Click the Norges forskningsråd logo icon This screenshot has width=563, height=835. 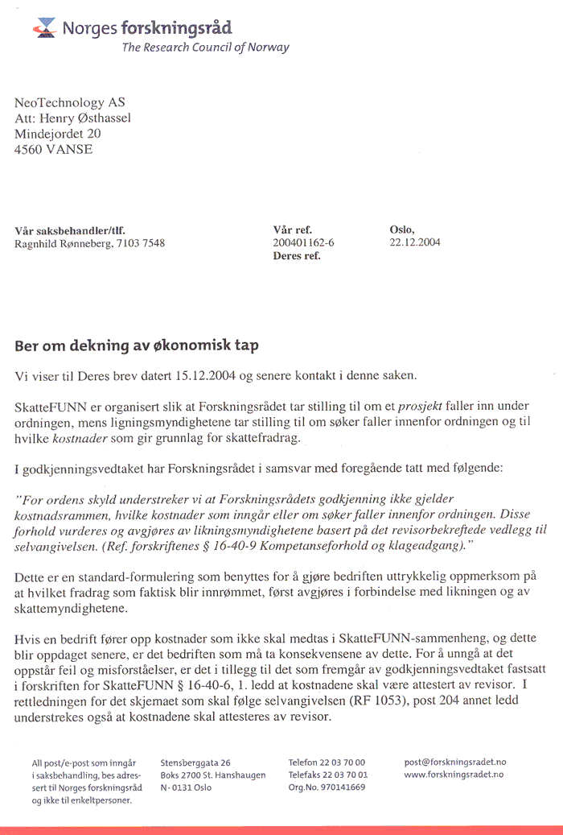(45, 30)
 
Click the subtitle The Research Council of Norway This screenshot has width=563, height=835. (205, 48)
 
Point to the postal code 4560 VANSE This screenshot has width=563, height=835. (54, 149)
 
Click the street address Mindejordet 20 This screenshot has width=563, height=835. (58, 134)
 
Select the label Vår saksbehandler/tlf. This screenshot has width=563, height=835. (70, 229)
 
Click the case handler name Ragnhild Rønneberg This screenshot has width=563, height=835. (64, 243)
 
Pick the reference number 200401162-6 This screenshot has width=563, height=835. (303, 243)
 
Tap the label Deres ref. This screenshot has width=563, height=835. (297, 256)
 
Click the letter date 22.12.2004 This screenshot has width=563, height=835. (415, 243)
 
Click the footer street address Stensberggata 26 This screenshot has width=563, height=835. (195, 762)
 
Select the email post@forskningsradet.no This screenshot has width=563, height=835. (455, 762)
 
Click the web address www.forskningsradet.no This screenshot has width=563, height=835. (454, 775)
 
